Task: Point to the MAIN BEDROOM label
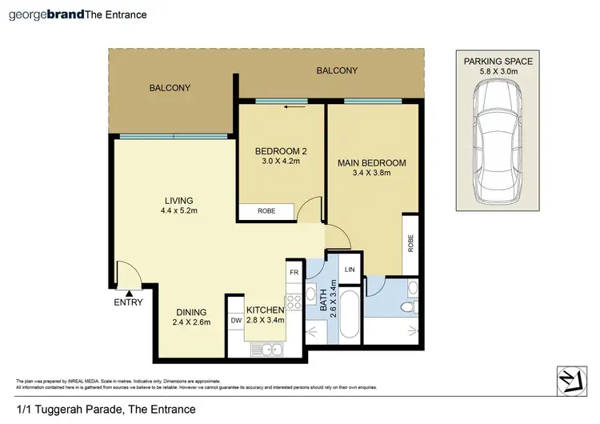(x=371, y=163)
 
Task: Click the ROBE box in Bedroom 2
(x=266, y=212)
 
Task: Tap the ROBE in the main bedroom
(x=410, y=243)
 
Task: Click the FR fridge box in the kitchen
(x=294, y=272)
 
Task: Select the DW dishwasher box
(x=235, y=321)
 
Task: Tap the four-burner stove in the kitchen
(x=293, y=301)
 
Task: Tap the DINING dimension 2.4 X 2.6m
(x=191, y=323)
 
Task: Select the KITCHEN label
(x=265, y=310)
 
